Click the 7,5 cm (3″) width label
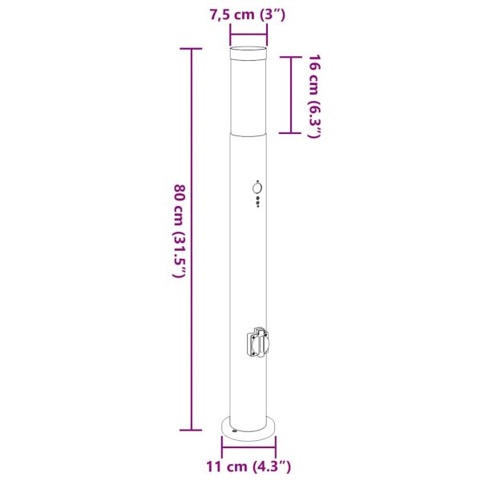248,14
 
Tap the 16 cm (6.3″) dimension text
313,96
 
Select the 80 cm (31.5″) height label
180,231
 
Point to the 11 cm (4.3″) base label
249,467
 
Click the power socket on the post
257,342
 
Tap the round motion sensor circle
257,188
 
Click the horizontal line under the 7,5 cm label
249,34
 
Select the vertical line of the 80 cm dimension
192,239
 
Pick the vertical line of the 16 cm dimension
290,95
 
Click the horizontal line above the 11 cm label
249,447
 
